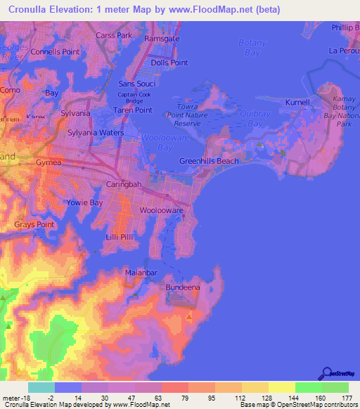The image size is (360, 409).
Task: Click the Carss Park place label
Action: (x=114, y=35)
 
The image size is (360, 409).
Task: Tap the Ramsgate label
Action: (x=162, y=39)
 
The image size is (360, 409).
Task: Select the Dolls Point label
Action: (x=169, y=63)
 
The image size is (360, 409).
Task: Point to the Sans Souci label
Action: (x=137, y=84)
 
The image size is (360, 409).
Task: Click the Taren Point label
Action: (x=134, y=110)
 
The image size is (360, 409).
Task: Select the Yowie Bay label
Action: (x=85, y=203)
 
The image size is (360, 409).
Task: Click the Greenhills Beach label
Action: (x=209, y=161)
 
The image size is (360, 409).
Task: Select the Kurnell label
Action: (x=297, y=103)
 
